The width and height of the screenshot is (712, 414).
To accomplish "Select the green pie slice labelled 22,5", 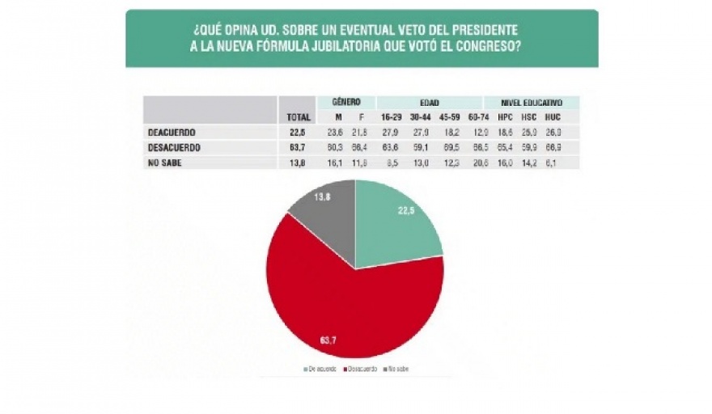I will tap(396, 226).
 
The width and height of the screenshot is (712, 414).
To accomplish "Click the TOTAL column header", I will tap(299, 118).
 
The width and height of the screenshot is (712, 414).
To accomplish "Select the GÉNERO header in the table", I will tap(351, 103).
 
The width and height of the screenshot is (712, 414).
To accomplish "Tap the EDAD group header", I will tap(429, 103).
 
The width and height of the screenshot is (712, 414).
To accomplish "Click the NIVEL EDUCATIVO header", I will tap(531, 103).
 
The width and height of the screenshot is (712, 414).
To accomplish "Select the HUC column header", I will tap(553, 118).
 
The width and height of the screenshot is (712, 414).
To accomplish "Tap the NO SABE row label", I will tap(164, 163).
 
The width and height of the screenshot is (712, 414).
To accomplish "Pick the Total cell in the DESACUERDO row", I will tap(299, 148).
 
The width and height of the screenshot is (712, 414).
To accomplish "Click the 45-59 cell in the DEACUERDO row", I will tap(451, 133).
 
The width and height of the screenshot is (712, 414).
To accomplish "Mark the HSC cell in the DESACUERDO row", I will tap(530, 148).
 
